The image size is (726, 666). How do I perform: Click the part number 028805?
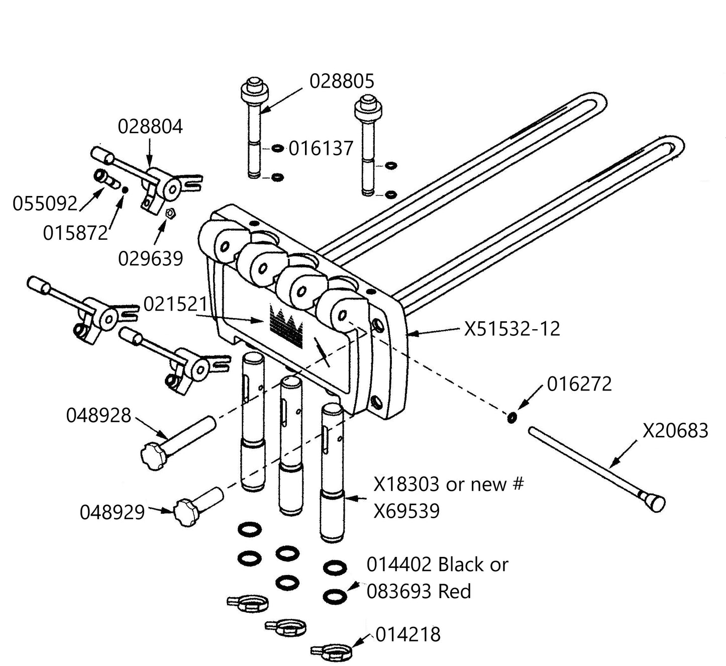pos(342,81)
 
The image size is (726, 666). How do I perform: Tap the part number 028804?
pos(150,126)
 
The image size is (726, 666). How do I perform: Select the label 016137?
pos(321,149)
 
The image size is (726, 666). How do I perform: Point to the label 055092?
pos(45,204)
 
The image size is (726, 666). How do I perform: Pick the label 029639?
pos(150,258)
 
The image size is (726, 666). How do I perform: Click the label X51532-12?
pos(511,329)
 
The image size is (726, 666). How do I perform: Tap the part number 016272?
pos(579,384)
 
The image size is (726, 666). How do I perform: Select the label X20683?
pos(676,431)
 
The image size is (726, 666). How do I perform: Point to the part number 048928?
pos(98,416)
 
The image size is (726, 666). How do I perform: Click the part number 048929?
pos(112,512)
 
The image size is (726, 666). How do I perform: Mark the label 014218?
pos(408,635)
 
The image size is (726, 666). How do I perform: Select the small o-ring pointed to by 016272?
pos(511,418)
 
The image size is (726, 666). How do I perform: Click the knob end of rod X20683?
pos(655,502)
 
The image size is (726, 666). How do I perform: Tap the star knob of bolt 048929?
pos(183,512)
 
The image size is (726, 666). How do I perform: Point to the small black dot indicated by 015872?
pos(125,189)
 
